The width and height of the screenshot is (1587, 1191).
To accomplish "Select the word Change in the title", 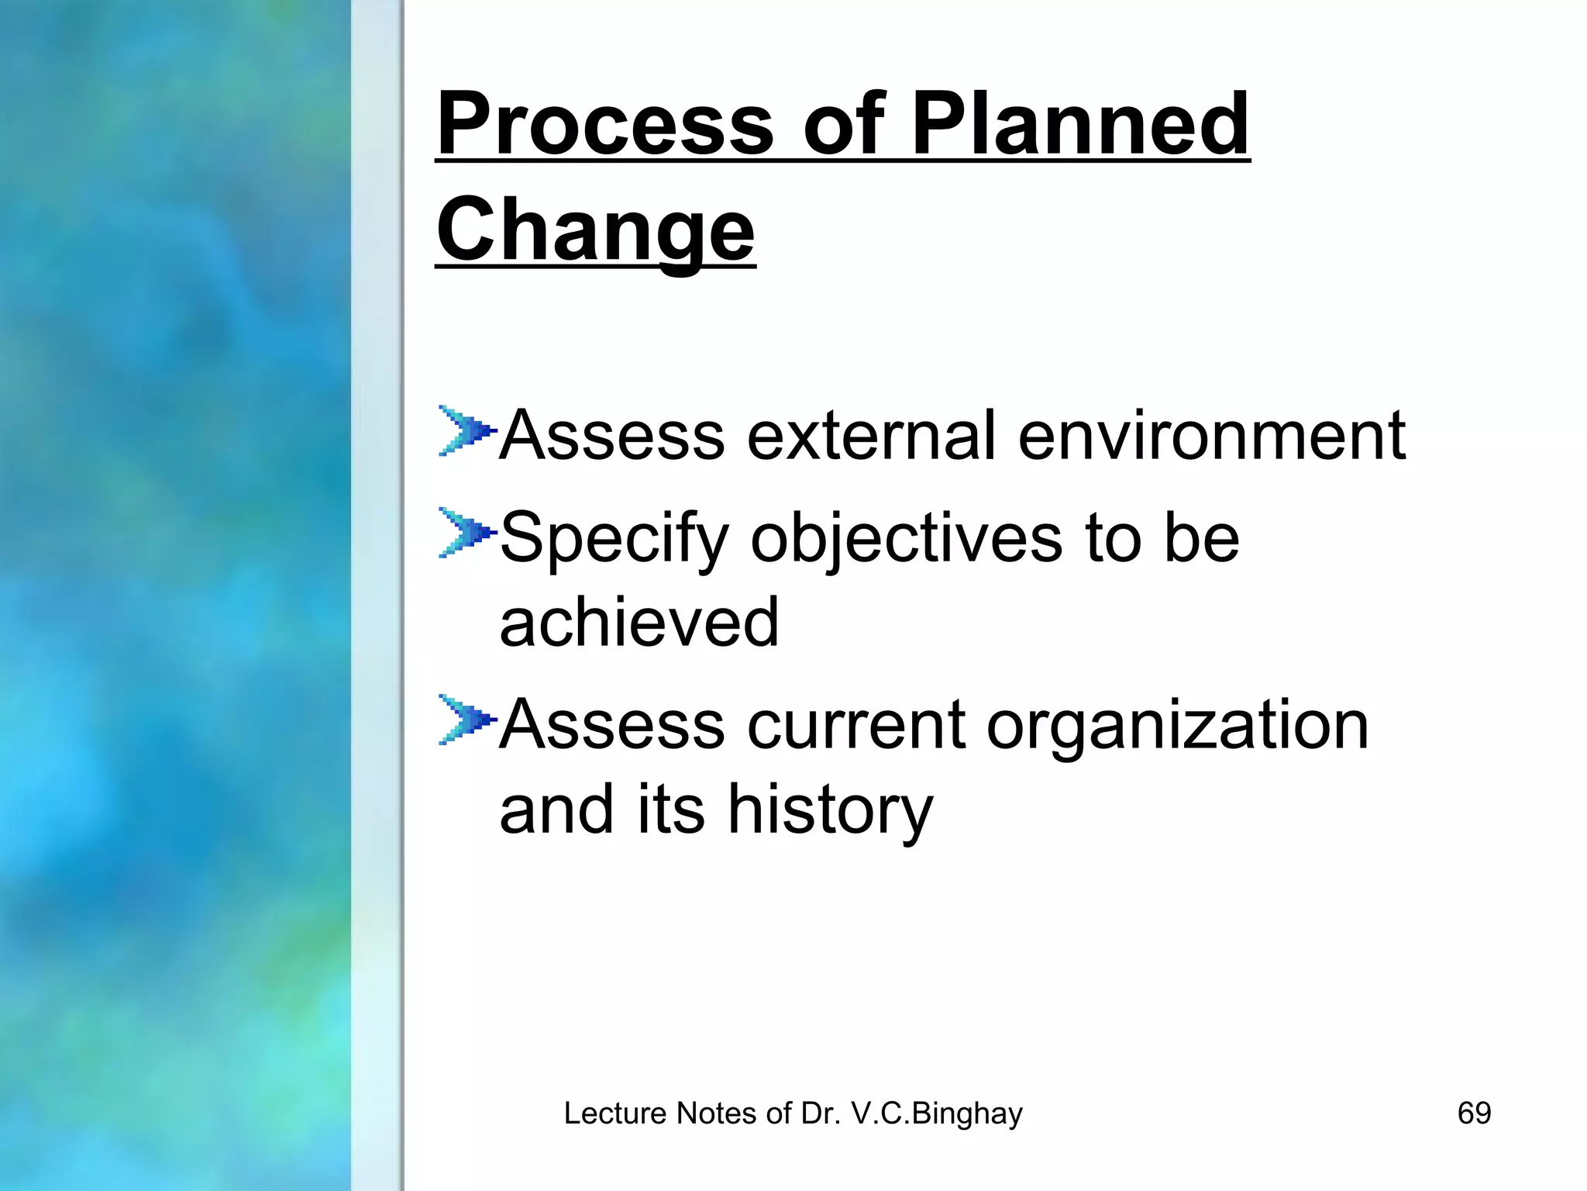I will pos(595,230).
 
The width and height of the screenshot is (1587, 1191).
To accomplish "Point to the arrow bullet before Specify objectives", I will pos(465,533).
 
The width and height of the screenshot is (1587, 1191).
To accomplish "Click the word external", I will pos(871,436).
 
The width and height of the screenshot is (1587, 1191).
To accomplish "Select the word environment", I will pos(1211,436).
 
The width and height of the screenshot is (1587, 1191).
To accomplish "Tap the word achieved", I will pos(639,623).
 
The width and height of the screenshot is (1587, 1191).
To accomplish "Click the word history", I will pos(830,811).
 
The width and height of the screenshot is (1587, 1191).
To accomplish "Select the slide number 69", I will pos(1474,1113).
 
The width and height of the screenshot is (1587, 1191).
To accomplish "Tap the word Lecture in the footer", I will pos(615,1113).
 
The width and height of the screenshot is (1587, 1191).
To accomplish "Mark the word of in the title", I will pos(843,124).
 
